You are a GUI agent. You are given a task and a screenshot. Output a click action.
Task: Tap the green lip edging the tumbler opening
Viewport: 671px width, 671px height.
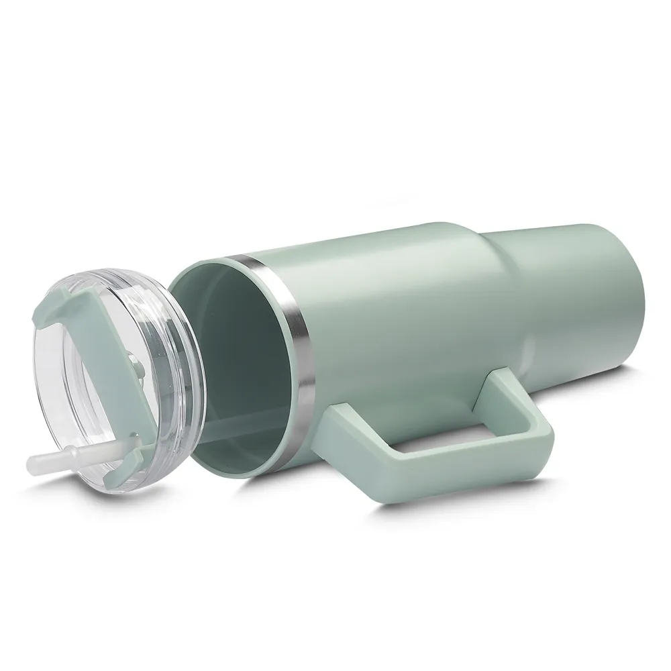click(x=201, y=265)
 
